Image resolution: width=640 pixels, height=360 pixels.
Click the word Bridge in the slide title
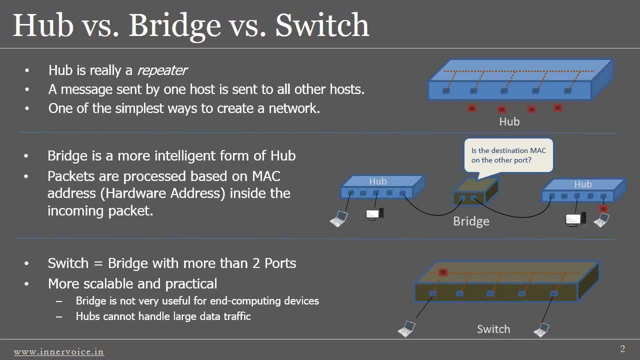point(174,25)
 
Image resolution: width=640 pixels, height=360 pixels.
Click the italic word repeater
point(161,70)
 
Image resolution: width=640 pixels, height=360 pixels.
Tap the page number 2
point(622,349)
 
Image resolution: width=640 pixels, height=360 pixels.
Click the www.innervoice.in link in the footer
point(58,352)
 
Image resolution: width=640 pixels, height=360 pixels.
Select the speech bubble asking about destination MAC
point(508,155)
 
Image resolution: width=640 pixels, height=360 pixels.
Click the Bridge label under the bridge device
point(471,221)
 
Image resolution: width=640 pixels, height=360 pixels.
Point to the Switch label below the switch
point(493,329)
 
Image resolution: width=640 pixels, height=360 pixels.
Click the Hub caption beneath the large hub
point(509,121)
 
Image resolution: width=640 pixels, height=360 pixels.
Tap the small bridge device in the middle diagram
point(475,192)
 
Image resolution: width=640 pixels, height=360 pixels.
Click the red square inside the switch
point(442,272)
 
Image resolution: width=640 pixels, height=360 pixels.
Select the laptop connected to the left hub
point(339,218)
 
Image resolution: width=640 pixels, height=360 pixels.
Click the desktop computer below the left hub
point(374,214)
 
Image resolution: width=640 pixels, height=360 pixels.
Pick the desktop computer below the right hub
point(575,219)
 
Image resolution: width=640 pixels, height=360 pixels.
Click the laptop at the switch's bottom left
point(406,328)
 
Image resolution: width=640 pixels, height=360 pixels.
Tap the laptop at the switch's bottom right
point(541,330)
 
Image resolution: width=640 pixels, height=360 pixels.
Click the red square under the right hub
point(603,208)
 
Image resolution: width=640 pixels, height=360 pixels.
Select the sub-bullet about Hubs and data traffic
point(163,316)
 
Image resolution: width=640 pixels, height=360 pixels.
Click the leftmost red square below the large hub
point(471,108)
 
